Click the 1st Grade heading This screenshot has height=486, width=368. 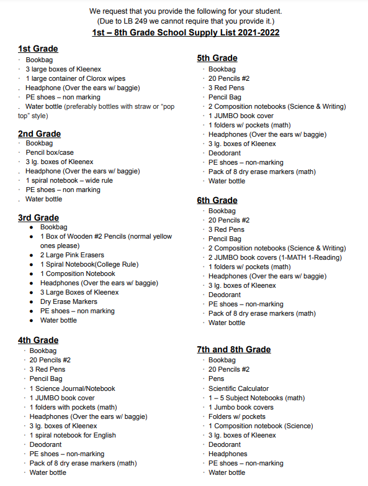[38, 48]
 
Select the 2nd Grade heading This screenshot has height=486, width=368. [39, 134]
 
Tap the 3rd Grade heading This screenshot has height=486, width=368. [38, 218]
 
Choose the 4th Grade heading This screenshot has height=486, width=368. [38, 340]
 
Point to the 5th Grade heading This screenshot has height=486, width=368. [217, 58]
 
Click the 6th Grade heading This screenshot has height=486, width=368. [217, 200]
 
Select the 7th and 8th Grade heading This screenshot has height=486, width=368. [234, 349]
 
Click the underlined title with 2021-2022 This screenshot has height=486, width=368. [185, 32]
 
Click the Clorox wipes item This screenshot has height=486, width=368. [75, 78]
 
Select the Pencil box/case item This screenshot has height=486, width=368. [50, 152]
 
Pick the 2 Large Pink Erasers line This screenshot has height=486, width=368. [72, 255]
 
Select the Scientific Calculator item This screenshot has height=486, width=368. [238, 388]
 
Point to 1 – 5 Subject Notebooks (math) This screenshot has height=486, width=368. [256, 398]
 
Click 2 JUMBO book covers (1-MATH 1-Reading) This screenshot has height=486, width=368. [275, 257]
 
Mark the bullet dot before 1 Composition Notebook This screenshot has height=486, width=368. [32, 273]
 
